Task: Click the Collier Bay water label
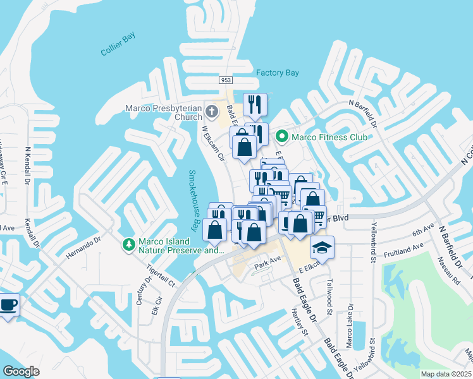pyautogui.click(x=118, y=45)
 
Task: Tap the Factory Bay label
pyautogui.click(x=277, y=73)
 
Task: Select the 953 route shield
pyautogui.click(x=226, y=80)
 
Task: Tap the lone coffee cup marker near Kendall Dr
pyautogui.click(x=8, y=305)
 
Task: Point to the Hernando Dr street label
pyautogui.click(x=82, y=248)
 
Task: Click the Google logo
pyautogui.click(x=21, y=371)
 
